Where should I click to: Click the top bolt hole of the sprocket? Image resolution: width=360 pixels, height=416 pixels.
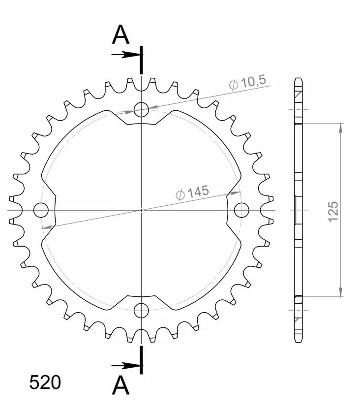point(141,110)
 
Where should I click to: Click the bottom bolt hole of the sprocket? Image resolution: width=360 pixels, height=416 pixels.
point(141,310)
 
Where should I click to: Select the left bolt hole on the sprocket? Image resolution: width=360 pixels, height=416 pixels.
point(41,210)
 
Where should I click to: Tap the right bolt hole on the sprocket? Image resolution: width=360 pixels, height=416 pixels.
point(241,210)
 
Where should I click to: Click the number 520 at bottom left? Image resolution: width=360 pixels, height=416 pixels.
point(45,383)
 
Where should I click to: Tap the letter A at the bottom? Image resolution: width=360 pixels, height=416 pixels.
point(120,386)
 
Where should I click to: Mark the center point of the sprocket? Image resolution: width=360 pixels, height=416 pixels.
point(141,210)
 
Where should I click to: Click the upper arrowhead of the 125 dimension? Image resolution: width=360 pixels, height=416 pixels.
point(340,128)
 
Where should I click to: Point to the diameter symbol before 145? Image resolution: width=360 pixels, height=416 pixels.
point(180,195)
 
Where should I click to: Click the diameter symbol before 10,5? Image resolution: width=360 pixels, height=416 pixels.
point(234,85)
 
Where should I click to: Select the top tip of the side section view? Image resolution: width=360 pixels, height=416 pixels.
point(299,79)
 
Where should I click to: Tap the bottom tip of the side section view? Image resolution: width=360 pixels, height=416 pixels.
point(299,342)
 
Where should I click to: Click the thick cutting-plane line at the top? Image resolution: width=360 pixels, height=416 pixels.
point(142,60)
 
